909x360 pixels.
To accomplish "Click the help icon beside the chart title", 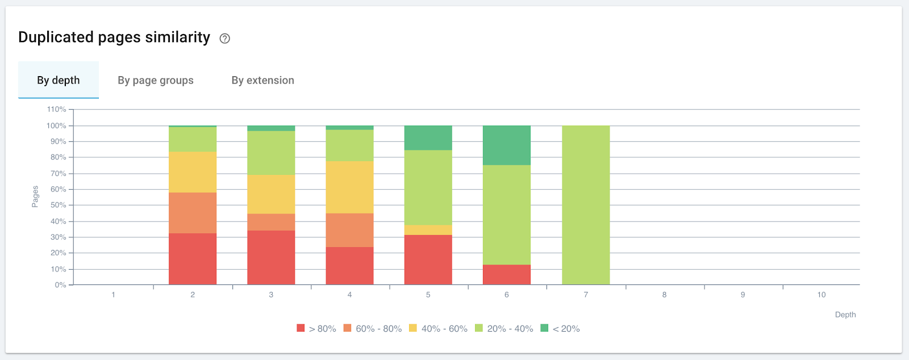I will coord(225,39).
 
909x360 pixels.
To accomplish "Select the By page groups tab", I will coord(156,80).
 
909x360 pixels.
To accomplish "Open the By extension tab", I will coord(262,80).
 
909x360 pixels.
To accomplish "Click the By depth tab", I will coord(59,80).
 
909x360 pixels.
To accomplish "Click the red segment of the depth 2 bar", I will coord(193,259).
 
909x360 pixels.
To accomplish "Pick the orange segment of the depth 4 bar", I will coord(349,230).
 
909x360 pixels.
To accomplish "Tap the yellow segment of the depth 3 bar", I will coord(271,194).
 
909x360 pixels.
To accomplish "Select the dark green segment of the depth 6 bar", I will coord(506,145).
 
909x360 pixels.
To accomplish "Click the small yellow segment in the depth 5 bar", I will coord(428,230).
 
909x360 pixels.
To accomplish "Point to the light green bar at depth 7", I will coord(586,204).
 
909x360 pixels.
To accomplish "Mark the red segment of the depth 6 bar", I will coord(506,275).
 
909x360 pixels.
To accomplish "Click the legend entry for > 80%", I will coord(316,329).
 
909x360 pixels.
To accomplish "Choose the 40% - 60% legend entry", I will coord(438,329).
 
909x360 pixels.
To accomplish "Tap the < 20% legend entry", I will coord(560,329).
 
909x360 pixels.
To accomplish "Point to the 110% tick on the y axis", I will coord(56,109).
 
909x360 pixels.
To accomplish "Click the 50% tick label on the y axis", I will coord(58,205).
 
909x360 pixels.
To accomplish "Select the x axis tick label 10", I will coord(822,295).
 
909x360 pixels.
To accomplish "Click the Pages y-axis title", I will coord(35,196).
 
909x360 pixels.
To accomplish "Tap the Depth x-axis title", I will coord(845,315).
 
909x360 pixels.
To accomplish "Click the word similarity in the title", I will coord(177,37).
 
